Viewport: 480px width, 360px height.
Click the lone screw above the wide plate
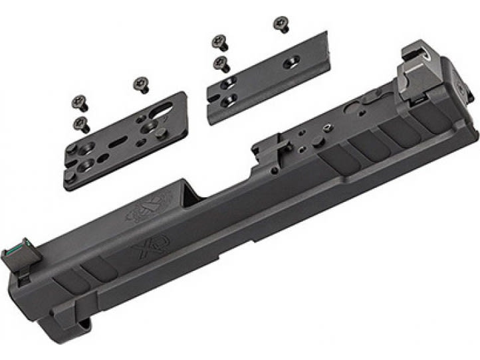(x=141, y=84)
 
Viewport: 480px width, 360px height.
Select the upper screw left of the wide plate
(x=78, y=103)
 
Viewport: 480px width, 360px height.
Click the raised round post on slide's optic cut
(x=327, y=131)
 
